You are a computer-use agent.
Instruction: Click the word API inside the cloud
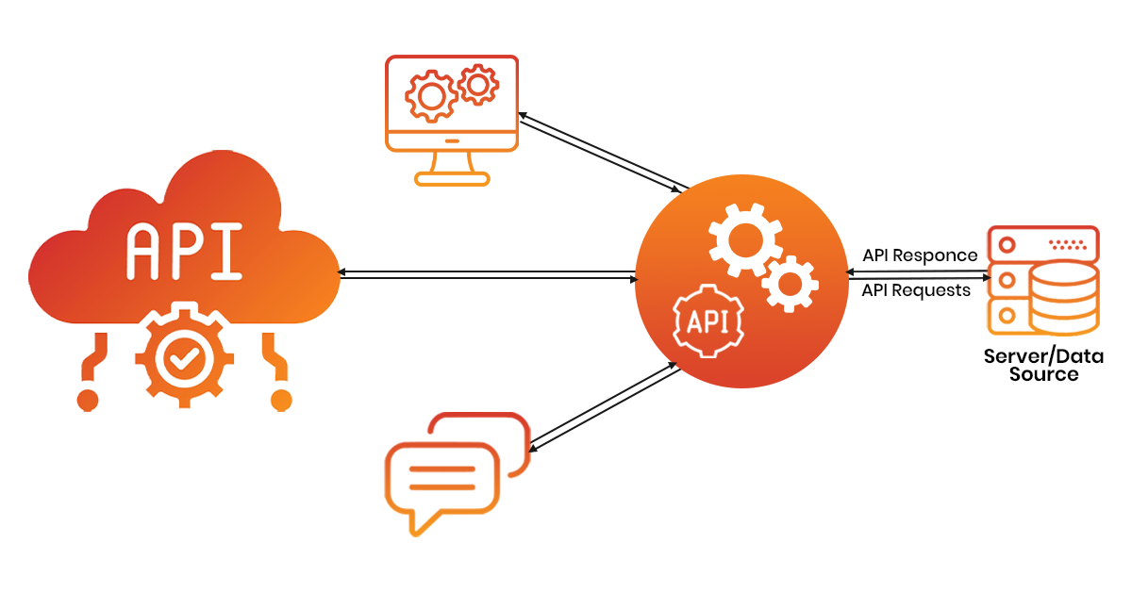click(184, 252)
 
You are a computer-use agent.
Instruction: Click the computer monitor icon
click(452, 117)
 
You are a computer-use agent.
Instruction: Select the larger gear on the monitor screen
click(430, 95)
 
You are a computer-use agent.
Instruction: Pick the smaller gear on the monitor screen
click(477, 86)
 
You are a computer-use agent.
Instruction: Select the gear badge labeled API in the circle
click(707, 322)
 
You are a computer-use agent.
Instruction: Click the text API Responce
click(920, 255)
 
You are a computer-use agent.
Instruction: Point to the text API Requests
click(916, 290)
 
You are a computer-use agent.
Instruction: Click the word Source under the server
click(1043, 374)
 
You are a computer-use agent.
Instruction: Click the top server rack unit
click(1041, 244)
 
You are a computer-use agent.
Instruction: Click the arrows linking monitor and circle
click(604, 149)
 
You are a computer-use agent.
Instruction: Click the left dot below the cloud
click(87, 400)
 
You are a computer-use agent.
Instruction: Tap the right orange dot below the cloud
click(281, 400)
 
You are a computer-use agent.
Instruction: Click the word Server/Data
click(1043, 356)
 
